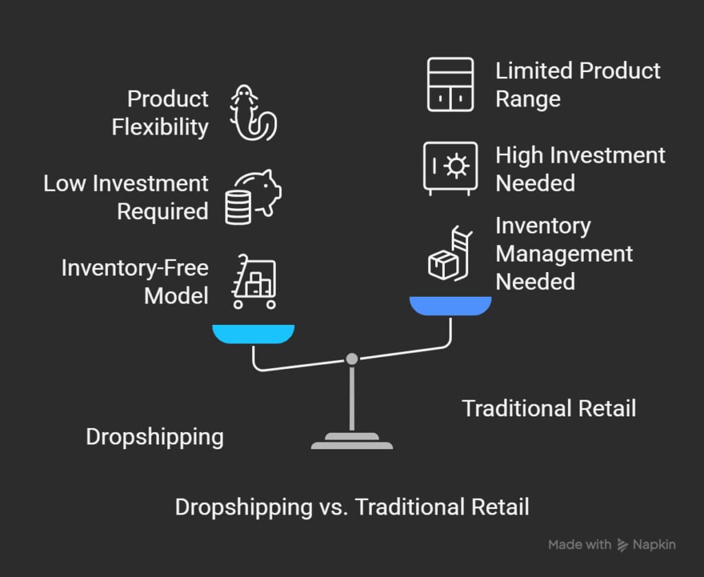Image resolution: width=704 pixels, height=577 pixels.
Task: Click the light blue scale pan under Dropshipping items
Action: [x=253, y=334]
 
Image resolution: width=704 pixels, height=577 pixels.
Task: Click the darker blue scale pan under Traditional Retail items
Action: [x=450, y=306]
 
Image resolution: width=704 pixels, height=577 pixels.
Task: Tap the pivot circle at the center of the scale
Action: [x=352, y=359]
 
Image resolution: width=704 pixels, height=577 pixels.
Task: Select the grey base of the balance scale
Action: [x=352, y=441]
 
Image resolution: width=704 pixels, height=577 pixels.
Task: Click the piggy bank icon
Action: [x=253, y=197]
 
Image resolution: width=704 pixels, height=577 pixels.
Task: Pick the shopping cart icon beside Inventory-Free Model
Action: [x=254, y=282]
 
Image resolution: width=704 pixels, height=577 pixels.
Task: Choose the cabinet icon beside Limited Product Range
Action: [x=450, y=84]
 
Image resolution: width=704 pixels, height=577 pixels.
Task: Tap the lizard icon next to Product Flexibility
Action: [x=254, y=113]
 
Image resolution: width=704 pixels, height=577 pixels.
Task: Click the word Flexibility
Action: [x=160, y=127]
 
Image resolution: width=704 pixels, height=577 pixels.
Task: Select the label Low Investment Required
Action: [x=126, y=197]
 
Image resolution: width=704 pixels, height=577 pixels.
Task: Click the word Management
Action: [x=564, y=254]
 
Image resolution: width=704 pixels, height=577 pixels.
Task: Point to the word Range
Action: [x=528, y=100]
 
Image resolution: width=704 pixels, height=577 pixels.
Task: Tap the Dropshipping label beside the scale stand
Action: [x=155, y=438]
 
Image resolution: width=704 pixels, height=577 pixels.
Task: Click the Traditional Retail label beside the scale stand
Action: [x=549, y=409]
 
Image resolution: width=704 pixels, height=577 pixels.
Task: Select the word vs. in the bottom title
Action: [x=333, y=508]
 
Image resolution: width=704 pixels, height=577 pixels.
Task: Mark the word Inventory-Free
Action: [x=135, y=268]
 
